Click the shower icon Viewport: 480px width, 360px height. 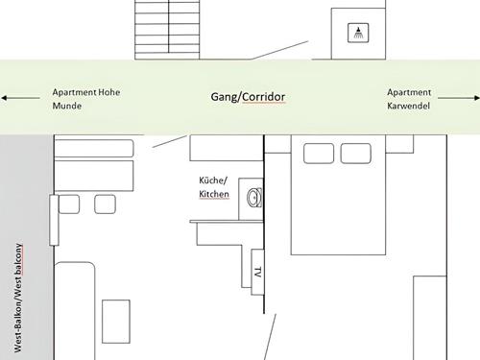point(358,33)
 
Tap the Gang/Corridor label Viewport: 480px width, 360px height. point(248,97)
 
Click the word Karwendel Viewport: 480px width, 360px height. point(408,106)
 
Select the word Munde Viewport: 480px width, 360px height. point(67,106)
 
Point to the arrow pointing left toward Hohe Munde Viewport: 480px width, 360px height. point(20,98)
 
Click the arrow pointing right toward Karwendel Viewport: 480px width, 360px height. point(459,98)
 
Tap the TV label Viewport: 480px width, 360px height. point(258,272)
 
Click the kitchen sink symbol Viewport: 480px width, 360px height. point(254,198)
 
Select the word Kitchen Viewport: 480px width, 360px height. point(214,194)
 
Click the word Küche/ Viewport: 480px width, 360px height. point(213,180)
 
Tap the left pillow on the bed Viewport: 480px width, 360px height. point(319,154)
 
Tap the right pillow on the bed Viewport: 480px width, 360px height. point(356,154)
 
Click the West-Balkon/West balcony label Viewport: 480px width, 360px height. point(18,298)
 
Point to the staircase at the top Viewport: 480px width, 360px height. point(167,30)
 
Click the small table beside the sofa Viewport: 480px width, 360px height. point(116,322)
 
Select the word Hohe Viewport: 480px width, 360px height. point(109,92)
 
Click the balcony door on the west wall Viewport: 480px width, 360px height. point(54,220)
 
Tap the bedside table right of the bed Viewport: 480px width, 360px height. point(399,144)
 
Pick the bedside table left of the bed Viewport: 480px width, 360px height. point(277,144)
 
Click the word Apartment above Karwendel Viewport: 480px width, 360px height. point(409,92)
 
